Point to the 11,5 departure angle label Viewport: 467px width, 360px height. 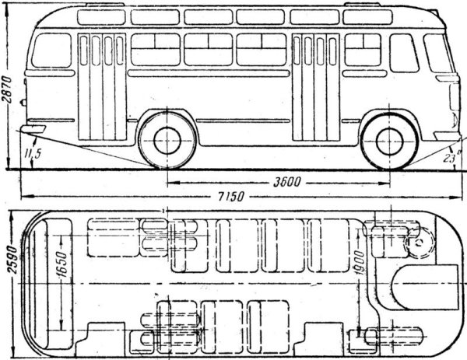[x=32, y=154]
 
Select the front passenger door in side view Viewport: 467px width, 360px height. [x=317, y=86]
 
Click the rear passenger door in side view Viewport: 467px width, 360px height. [x=102, y=86]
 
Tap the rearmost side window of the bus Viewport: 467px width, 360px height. [x=51, y=51]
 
